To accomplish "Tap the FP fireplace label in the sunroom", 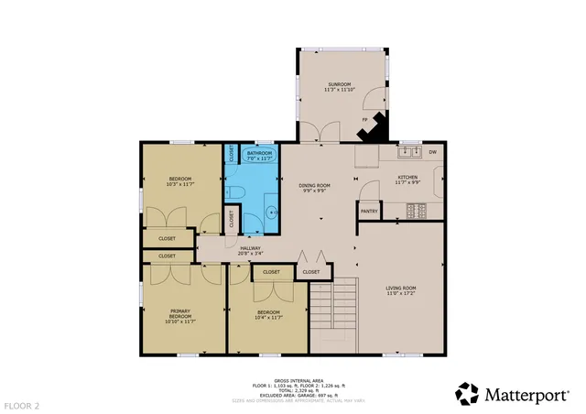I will coord(364,120).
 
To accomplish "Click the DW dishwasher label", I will coord(432,152).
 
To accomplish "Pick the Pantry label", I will coord(369,211).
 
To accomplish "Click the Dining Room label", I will coord(314,188).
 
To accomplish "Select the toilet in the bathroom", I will coord(236,191).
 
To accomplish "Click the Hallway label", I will coord(251,250).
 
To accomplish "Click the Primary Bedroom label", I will coord(179,316).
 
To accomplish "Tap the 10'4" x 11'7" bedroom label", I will coord(268,314).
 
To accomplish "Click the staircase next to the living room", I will coord(331,316).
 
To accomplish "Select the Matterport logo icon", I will coord(467,394).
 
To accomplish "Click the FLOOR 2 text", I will coord(22,404).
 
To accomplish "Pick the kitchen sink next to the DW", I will coord(408,152).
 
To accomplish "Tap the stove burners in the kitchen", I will coord(418,211).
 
